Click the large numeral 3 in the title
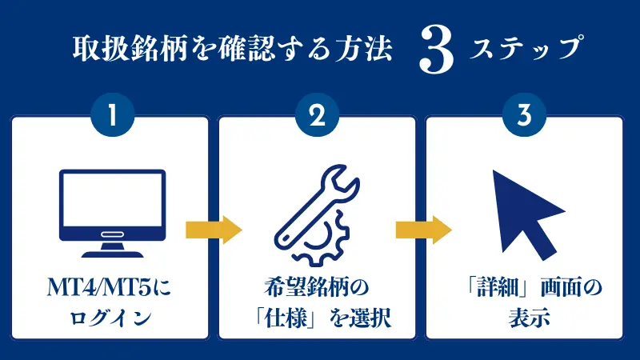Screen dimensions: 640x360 pyautogui.click(x=436, y=50)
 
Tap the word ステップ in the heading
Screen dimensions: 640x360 pyautogui.click(x=526, y=48)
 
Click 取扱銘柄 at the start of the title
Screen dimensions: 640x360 pyautogui.click(x=130, y=49)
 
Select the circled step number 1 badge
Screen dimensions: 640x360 pyautogui.click(x=113, y=114)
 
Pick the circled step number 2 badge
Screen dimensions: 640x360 pyautogui.click(x=317, y=114)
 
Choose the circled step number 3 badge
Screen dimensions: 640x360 pyautogui.click(x=524, y=114)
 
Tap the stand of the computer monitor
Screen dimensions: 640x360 pyautogui.click(x=112, y=250)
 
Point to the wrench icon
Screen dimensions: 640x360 pyautogui.click(x=317, y=205)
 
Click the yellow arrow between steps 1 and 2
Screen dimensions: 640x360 pyautogui.click(x=214, y=230)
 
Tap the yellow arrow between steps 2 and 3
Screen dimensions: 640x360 pyautogui.click(x=424, y=230)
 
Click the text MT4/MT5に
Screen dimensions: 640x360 pyautogui.click(x=109, y=287)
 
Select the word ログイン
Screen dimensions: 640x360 pyautogui.click(x=110, y=318)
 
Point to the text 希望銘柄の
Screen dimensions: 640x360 pyautogui.click(x=316, y=287)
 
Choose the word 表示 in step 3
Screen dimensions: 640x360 pyautogui.click(x=529, y=318)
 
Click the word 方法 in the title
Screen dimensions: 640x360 pyautogui.click(x=364, y=49)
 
